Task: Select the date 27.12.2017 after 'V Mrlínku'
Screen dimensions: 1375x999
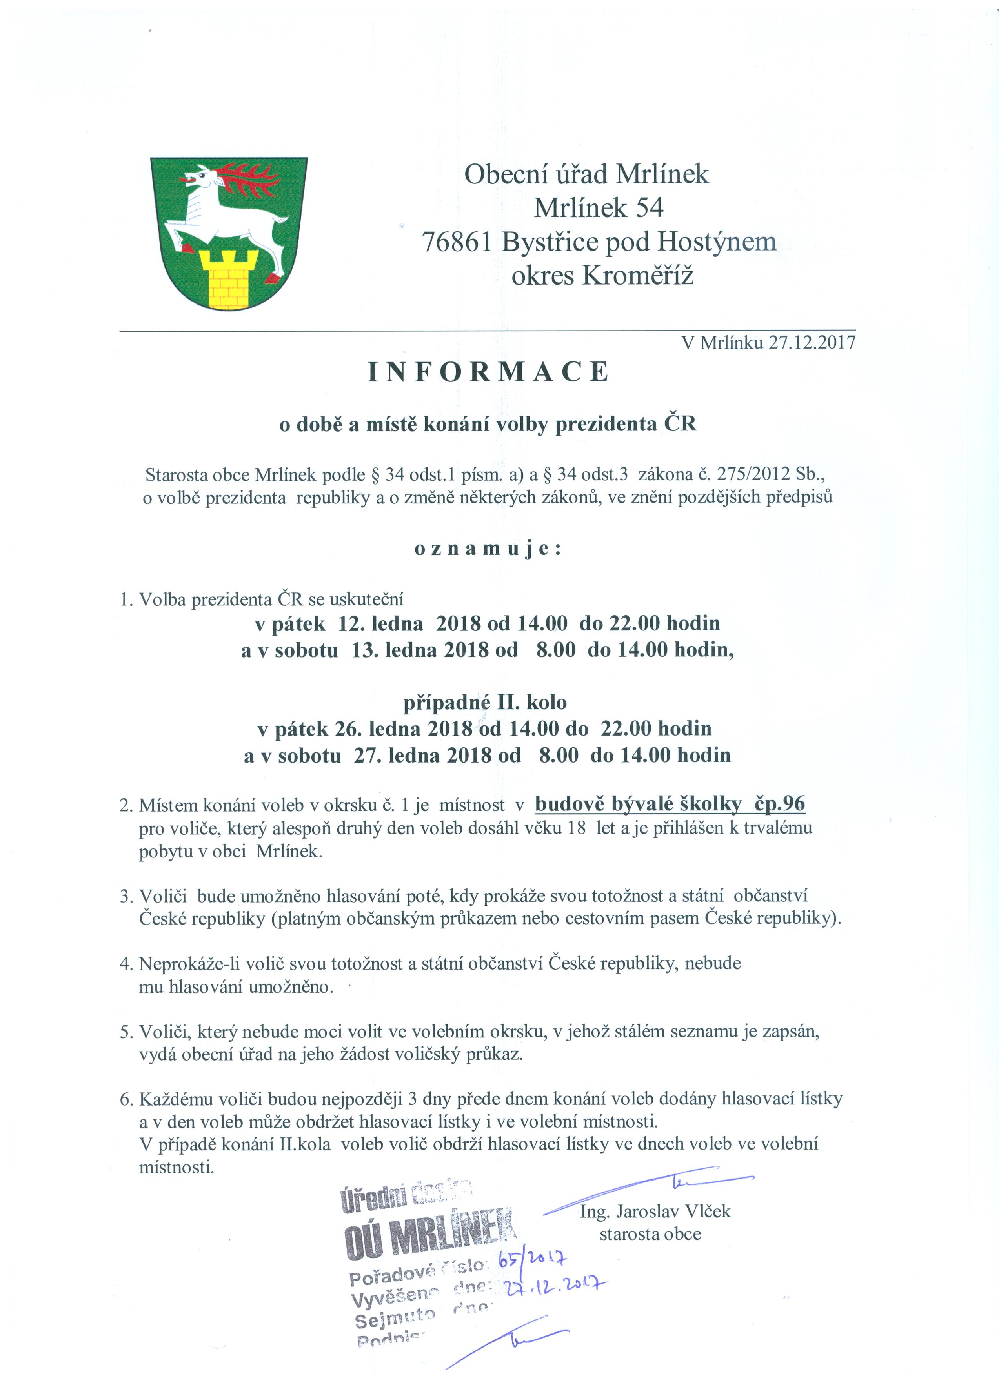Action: (812, 343)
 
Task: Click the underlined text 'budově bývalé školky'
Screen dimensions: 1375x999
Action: (638, 804)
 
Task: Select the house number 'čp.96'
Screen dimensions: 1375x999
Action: (779, 804)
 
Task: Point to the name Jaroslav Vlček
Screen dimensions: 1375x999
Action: (673, 1212)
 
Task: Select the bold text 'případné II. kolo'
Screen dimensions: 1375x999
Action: (485, 703)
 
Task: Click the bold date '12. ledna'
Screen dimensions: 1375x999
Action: (380, 623)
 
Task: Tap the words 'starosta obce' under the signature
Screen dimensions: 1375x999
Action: (650, 1234)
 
